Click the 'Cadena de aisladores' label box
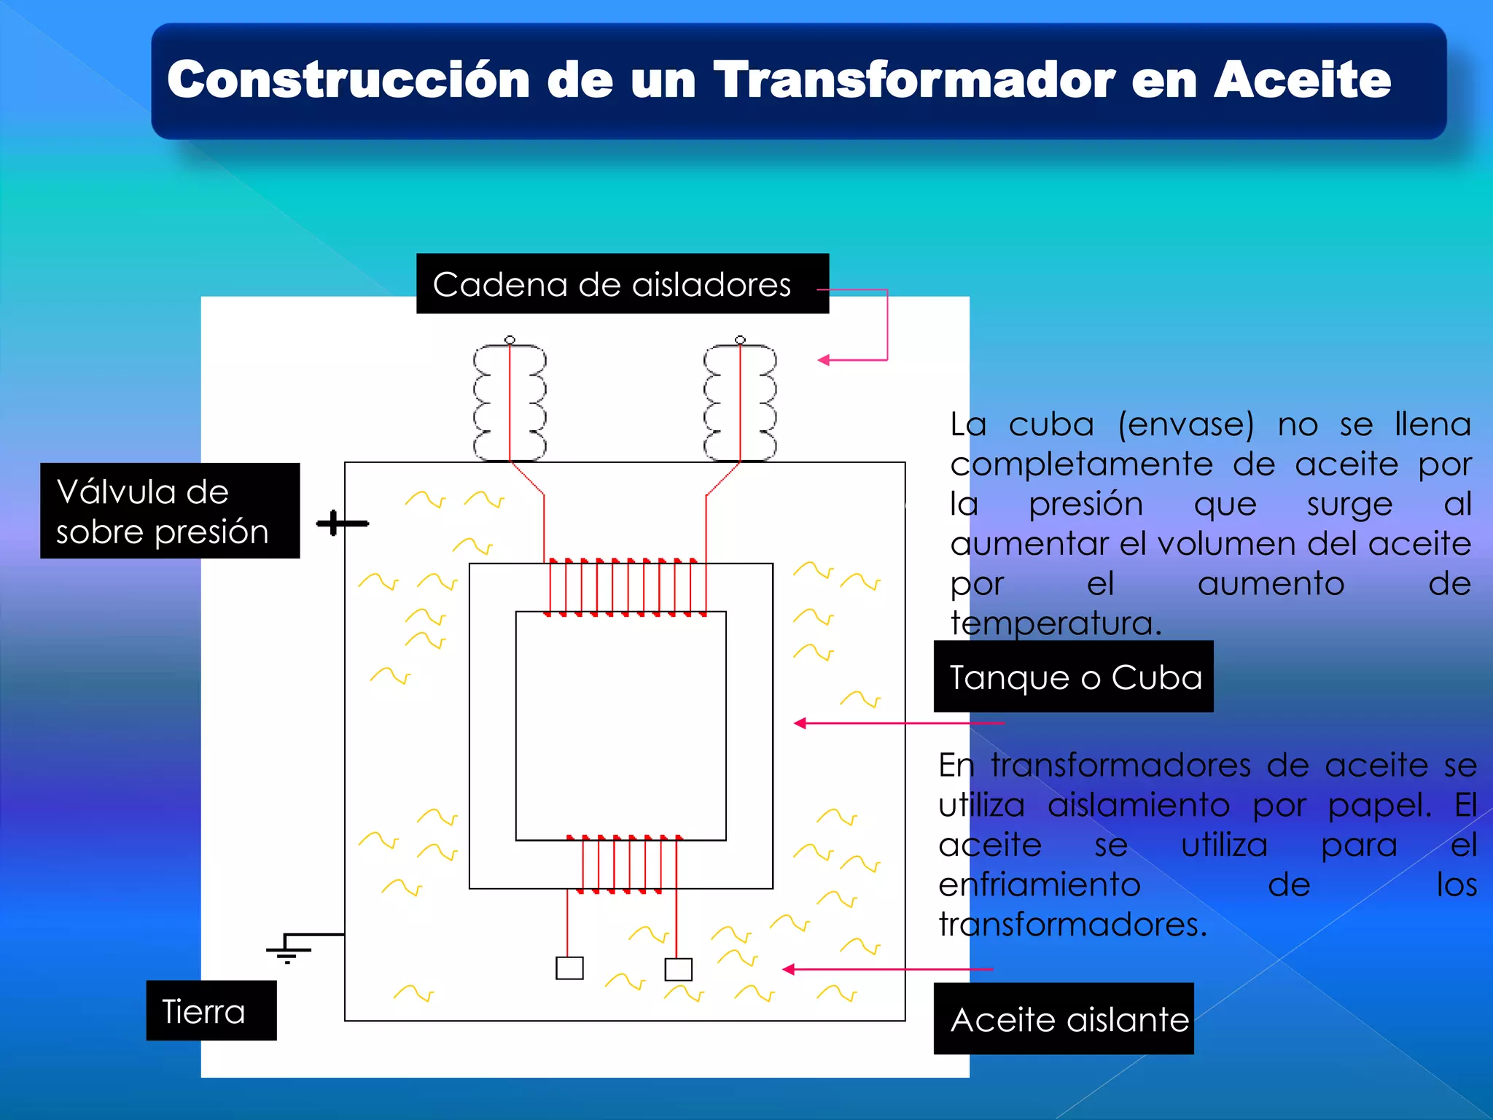(x=622, y=284)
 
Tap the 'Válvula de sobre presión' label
(x=170, y=510)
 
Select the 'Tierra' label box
(x=211, y=1011)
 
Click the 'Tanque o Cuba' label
(x=1073, y=677)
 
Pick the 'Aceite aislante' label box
(x=1064, y=1019)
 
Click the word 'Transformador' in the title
(x=913, y=79)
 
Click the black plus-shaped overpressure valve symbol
(x=334, y=523)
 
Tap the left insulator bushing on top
(x=510, y=401)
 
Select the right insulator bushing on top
(x=740, y=401)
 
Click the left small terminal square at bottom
(x=569, y=968)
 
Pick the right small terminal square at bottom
(x=679, y=970)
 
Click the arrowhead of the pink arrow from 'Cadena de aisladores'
(x=824, y=359)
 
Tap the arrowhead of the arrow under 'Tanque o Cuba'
(x=800, y=723)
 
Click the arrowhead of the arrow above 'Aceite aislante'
(x=788, y=969)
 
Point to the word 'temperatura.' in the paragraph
(x=1056, y=623)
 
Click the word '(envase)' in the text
(x=1186, y=424)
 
